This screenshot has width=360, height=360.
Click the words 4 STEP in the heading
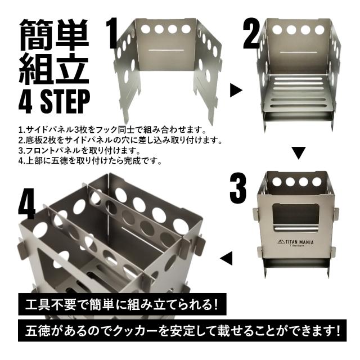pos(53,102)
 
